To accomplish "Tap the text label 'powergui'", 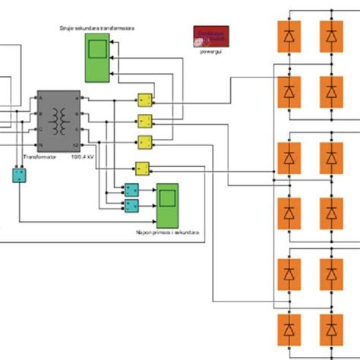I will coord(211,52).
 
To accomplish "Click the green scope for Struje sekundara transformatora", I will coord(96,57).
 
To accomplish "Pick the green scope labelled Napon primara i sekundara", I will coord(167,206).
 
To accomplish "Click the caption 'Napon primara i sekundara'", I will coord(167,234).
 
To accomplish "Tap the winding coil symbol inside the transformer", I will coord(58,119).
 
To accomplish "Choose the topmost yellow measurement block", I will coord(144,100).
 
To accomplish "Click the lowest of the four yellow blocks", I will coord(141,169).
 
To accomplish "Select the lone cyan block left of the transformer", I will coord(18,175).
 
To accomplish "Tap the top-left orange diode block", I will coord(289,36).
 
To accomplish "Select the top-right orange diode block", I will coord(330,36).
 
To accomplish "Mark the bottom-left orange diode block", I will coord(289,331).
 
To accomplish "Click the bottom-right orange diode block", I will coord(330,331).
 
